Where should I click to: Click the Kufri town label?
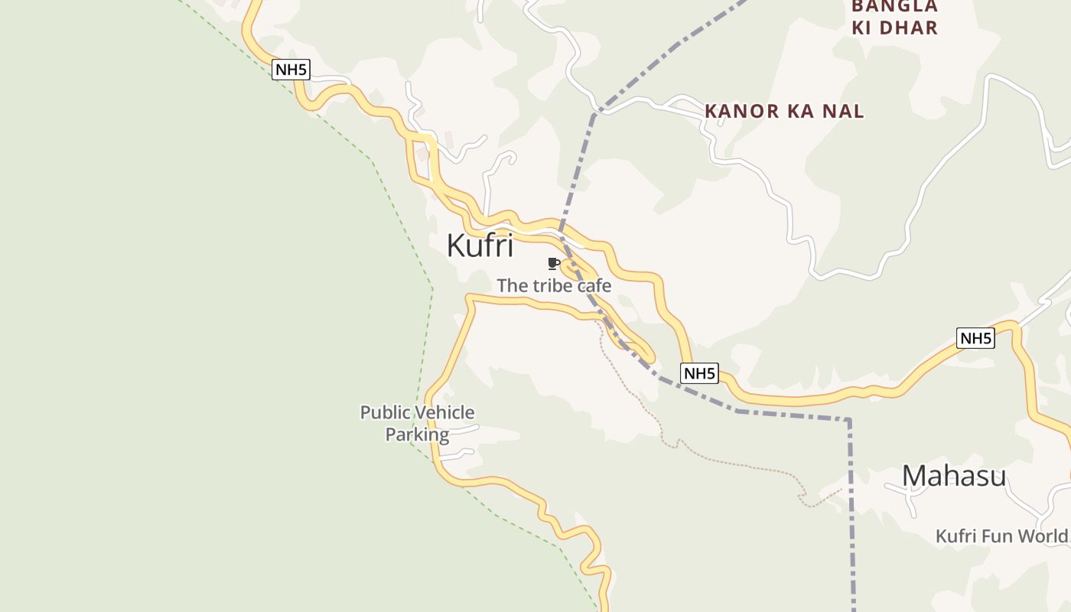(480, 246)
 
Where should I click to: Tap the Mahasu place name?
(953, 476)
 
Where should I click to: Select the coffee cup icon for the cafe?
(553, 264)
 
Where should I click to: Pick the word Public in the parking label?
(385, 413)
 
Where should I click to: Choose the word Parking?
(417, 435)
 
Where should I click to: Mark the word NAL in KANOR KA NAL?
(844, 112)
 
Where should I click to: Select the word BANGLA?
(894, 7)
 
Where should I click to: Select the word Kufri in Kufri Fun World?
(956, 536)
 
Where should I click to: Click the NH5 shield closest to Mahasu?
(975, 338)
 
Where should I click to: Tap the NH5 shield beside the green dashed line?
(291, 70)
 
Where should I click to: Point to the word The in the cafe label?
(512, 286)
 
